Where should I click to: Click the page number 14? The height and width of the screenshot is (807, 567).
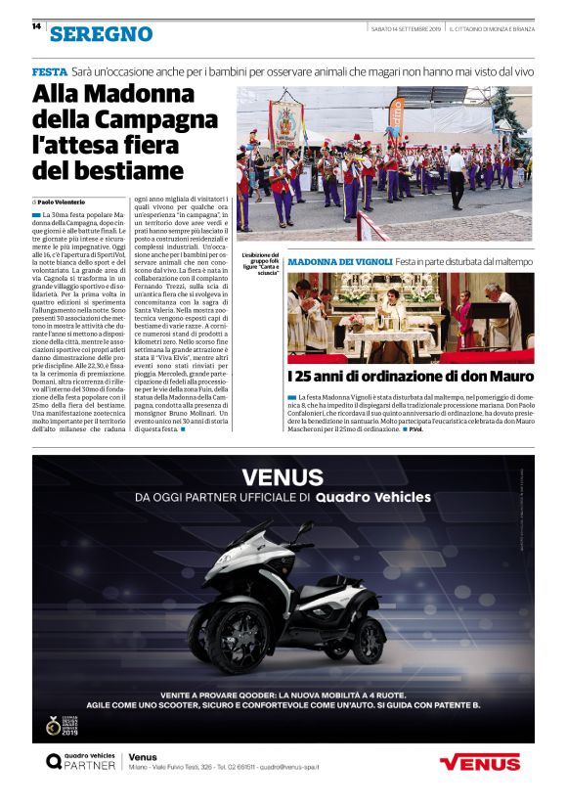[x=35, y=26]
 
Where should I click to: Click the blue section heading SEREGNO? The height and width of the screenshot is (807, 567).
[x=102, y=34]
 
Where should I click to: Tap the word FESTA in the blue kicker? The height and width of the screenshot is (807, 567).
[x=49, y=72]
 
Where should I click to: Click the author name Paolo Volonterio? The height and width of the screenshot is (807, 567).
[x=71, y=200]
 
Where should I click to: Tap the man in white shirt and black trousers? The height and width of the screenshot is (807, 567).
[x=456, y=174]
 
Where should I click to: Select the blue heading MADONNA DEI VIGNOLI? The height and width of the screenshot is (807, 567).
[x=339, y=262]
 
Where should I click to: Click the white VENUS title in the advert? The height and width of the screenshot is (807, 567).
[x=283, y=477]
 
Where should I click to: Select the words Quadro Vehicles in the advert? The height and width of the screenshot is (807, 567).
[x=373, y=497]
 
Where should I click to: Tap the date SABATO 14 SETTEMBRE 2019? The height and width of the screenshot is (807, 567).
[x=406, y=27]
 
